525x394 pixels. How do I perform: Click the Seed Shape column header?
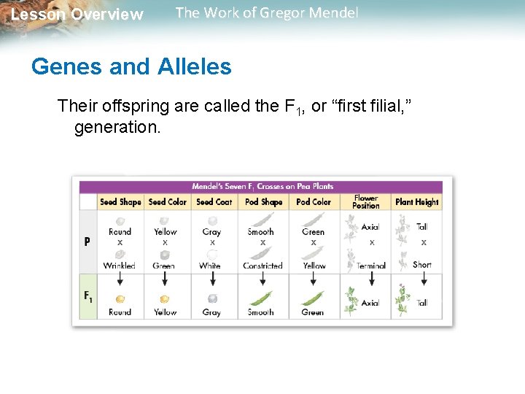click(120, 202)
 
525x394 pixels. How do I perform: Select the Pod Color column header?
click(314, 202)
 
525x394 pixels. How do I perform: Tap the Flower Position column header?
click(366, 202)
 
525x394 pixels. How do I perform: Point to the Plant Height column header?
click(417, 202)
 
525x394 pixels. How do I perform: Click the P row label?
click(87, 241)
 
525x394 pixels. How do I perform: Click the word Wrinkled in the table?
click(120, 266)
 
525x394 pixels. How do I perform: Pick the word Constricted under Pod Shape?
click(262, 266)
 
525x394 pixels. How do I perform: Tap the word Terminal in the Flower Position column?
click(371, 266)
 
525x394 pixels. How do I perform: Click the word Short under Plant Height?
click(422, 265)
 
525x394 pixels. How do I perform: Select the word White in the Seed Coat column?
click(210, 266)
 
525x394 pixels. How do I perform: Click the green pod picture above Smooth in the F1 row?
click(261, 298)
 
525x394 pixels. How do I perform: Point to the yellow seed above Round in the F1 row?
click(120, 299)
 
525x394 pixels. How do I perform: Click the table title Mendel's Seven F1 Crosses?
click(262, 186)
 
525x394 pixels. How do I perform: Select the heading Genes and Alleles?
click(131, 67)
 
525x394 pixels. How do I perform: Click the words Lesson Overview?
click(77, 15)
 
